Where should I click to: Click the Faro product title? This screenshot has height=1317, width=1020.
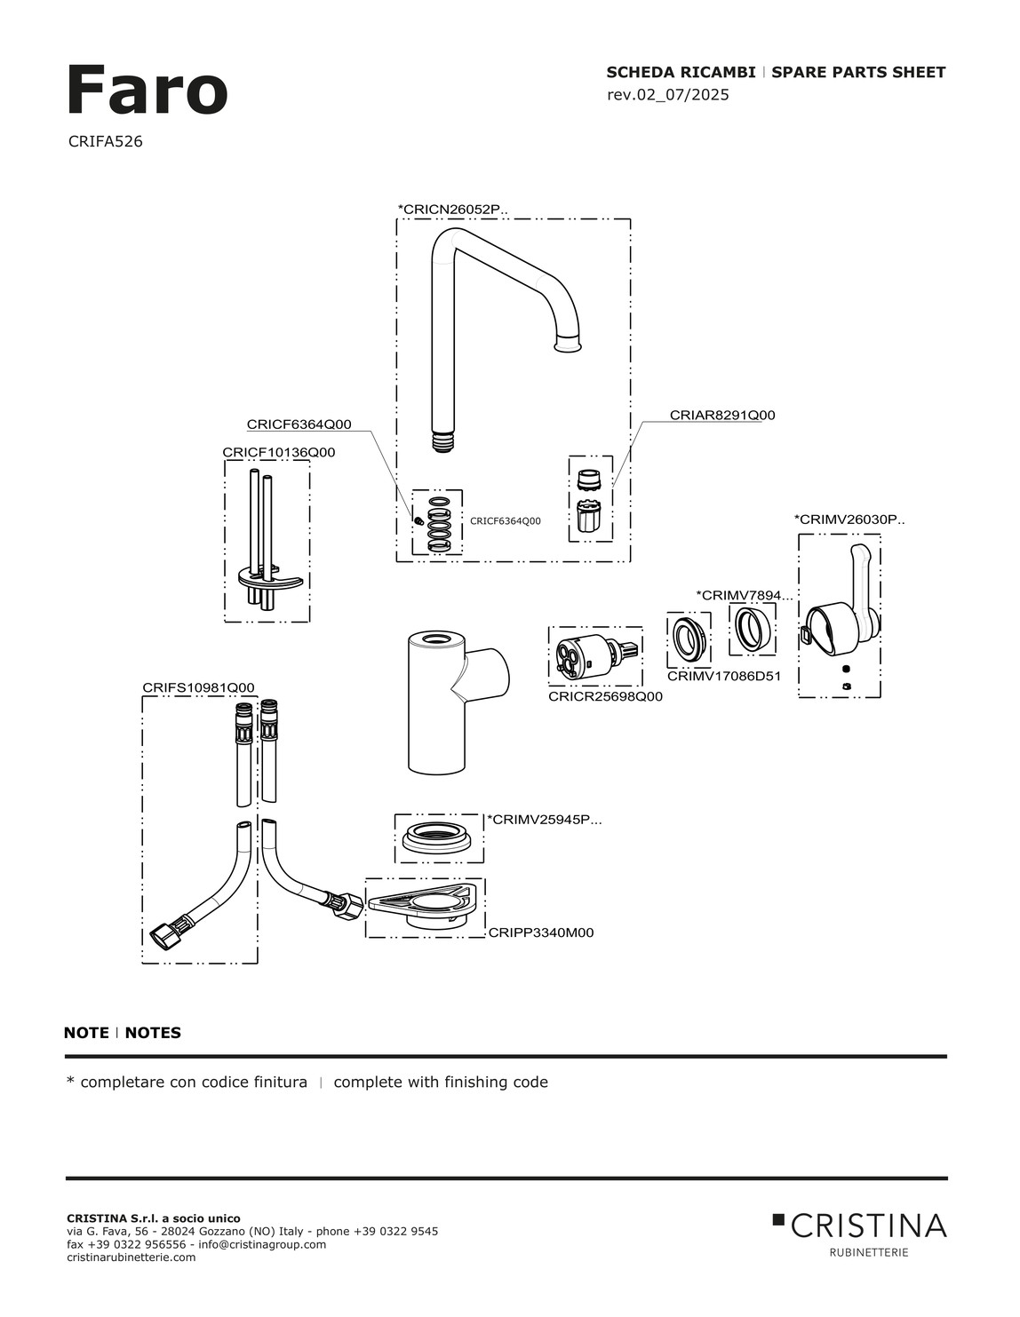pos(147,91)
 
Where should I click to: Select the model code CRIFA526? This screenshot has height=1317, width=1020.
pos(105,141)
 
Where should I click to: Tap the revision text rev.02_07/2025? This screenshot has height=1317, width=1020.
pos(667,95)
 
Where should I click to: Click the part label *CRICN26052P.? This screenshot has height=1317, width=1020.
pos(452,210)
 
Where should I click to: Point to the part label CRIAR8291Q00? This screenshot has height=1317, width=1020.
pos(721,415)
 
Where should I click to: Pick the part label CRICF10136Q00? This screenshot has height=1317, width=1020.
pos(278,452)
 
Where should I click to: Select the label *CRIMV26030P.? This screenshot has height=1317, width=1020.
pos(849,520)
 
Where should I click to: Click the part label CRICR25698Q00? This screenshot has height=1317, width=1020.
pos(605,696)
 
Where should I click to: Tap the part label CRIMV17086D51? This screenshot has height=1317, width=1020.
pos(723,676)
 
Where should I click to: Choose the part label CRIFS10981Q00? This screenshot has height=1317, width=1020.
pos(198,687)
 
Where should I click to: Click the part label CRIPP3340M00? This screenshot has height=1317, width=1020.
pos(540,932)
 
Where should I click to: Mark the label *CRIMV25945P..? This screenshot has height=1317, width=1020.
pos(544,820)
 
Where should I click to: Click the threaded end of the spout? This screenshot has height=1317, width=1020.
pos(442,441)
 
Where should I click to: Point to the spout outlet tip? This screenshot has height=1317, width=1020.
pos(568,344)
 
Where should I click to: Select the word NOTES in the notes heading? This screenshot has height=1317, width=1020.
pos(153,1033)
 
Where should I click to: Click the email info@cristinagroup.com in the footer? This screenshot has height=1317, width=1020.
pos(262,1244)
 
